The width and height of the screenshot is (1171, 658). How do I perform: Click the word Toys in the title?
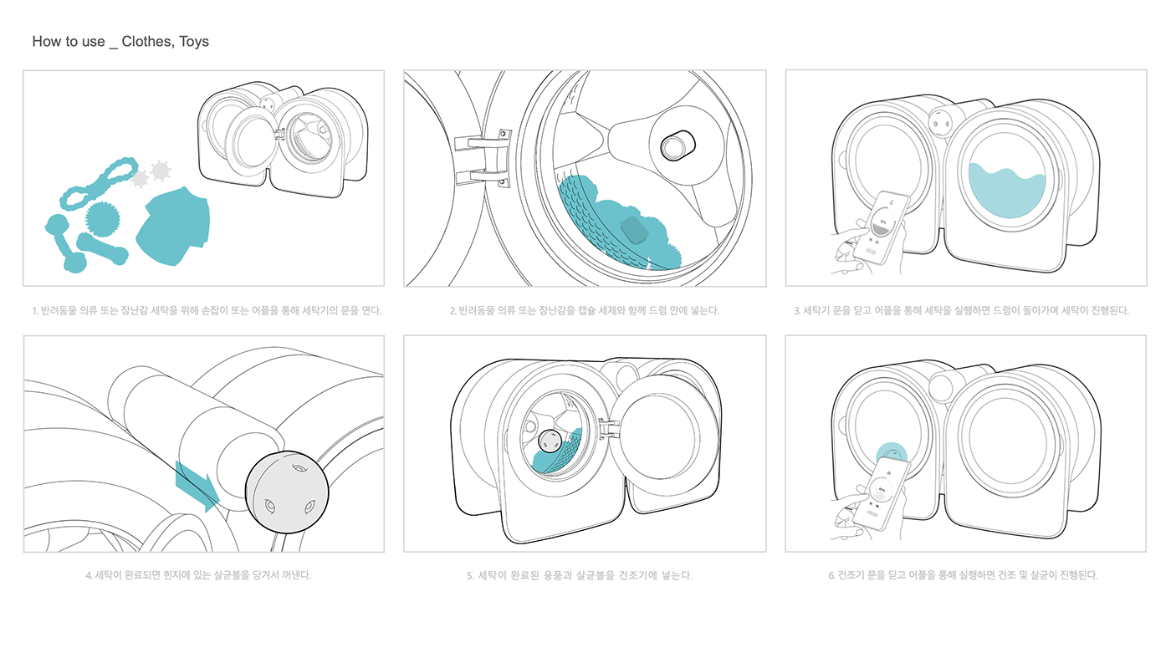pyautogui.click(x=193, y=42)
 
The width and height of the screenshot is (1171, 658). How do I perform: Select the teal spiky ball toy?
pyautogui.click(x=102, y=218)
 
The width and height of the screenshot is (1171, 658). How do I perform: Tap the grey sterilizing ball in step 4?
pyautogui.click(x=287, y=492)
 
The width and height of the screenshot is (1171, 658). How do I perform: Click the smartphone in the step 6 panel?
pyautogui.click(x=880, y=494)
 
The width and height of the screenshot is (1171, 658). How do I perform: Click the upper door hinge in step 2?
pyautogui.click(x=483, y=141)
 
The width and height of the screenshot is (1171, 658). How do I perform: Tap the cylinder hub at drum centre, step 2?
pyautogui.click(x=678, y=145)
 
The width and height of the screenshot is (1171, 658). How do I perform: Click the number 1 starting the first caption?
pyautogui.click(x=34, y=311)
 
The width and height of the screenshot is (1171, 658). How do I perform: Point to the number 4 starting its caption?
pyautogui.click(x=89, y=575)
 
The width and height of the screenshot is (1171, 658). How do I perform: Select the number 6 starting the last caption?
pyautogui.click(x=831, y=575)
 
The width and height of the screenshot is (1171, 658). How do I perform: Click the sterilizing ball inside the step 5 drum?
pyautogui.click(x=550, y=441)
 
